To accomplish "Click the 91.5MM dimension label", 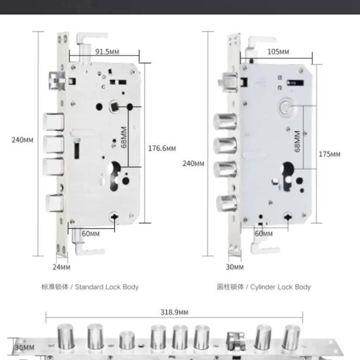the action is [107, 52].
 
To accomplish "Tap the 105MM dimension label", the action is [278, 52].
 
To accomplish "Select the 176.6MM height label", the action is [162, 148].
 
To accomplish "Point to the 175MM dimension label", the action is [329, 154].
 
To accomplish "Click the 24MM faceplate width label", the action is [61, 267].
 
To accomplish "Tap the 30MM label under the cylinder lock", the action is [235, 267].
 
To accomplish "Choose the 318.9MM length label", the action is [174, 312].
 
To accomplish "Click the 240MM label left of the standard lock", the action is [22, 140].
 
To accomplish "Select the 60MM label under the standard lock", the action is [90, 233].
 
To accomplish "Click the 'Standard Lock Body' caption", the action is [107, 287].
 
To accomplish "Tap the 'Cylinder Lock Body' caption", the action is [280, 287].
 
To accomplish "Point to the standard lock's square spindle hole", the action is [114, 106].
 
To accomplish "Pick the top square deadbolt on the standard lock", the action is [54, 122].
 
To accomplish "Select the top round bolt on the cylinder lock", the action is [225, 121].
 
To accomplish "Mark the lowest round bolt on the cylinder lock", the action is [227, 203].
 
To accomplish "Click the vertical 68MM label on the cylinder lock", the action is [297, 141].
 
